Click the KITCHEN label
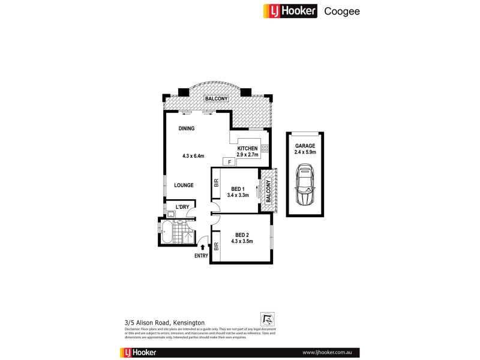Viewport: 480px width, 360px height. (x=247, y=148)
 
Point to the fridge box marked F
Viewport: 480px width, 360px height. (x=228, y=161)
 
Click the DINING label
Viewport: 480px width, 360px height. (x=186, y=128)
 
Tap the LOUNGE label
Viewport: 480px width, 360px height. (x=184, y=185)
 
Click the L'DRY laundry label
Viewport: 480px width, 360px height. (x=182, y=208)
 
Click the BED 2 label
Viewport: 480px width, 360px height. (x=242, y=235)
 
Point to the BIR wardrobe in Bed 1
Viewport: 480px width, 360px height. (x=216, y=187)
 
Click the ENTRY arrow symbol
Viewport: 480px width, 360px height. (x=202, y=246)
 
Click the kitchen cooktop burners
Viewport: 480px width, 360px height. (x=264, y=151)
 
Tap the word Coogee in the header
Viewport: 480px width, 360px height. (x=342, y=11)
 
